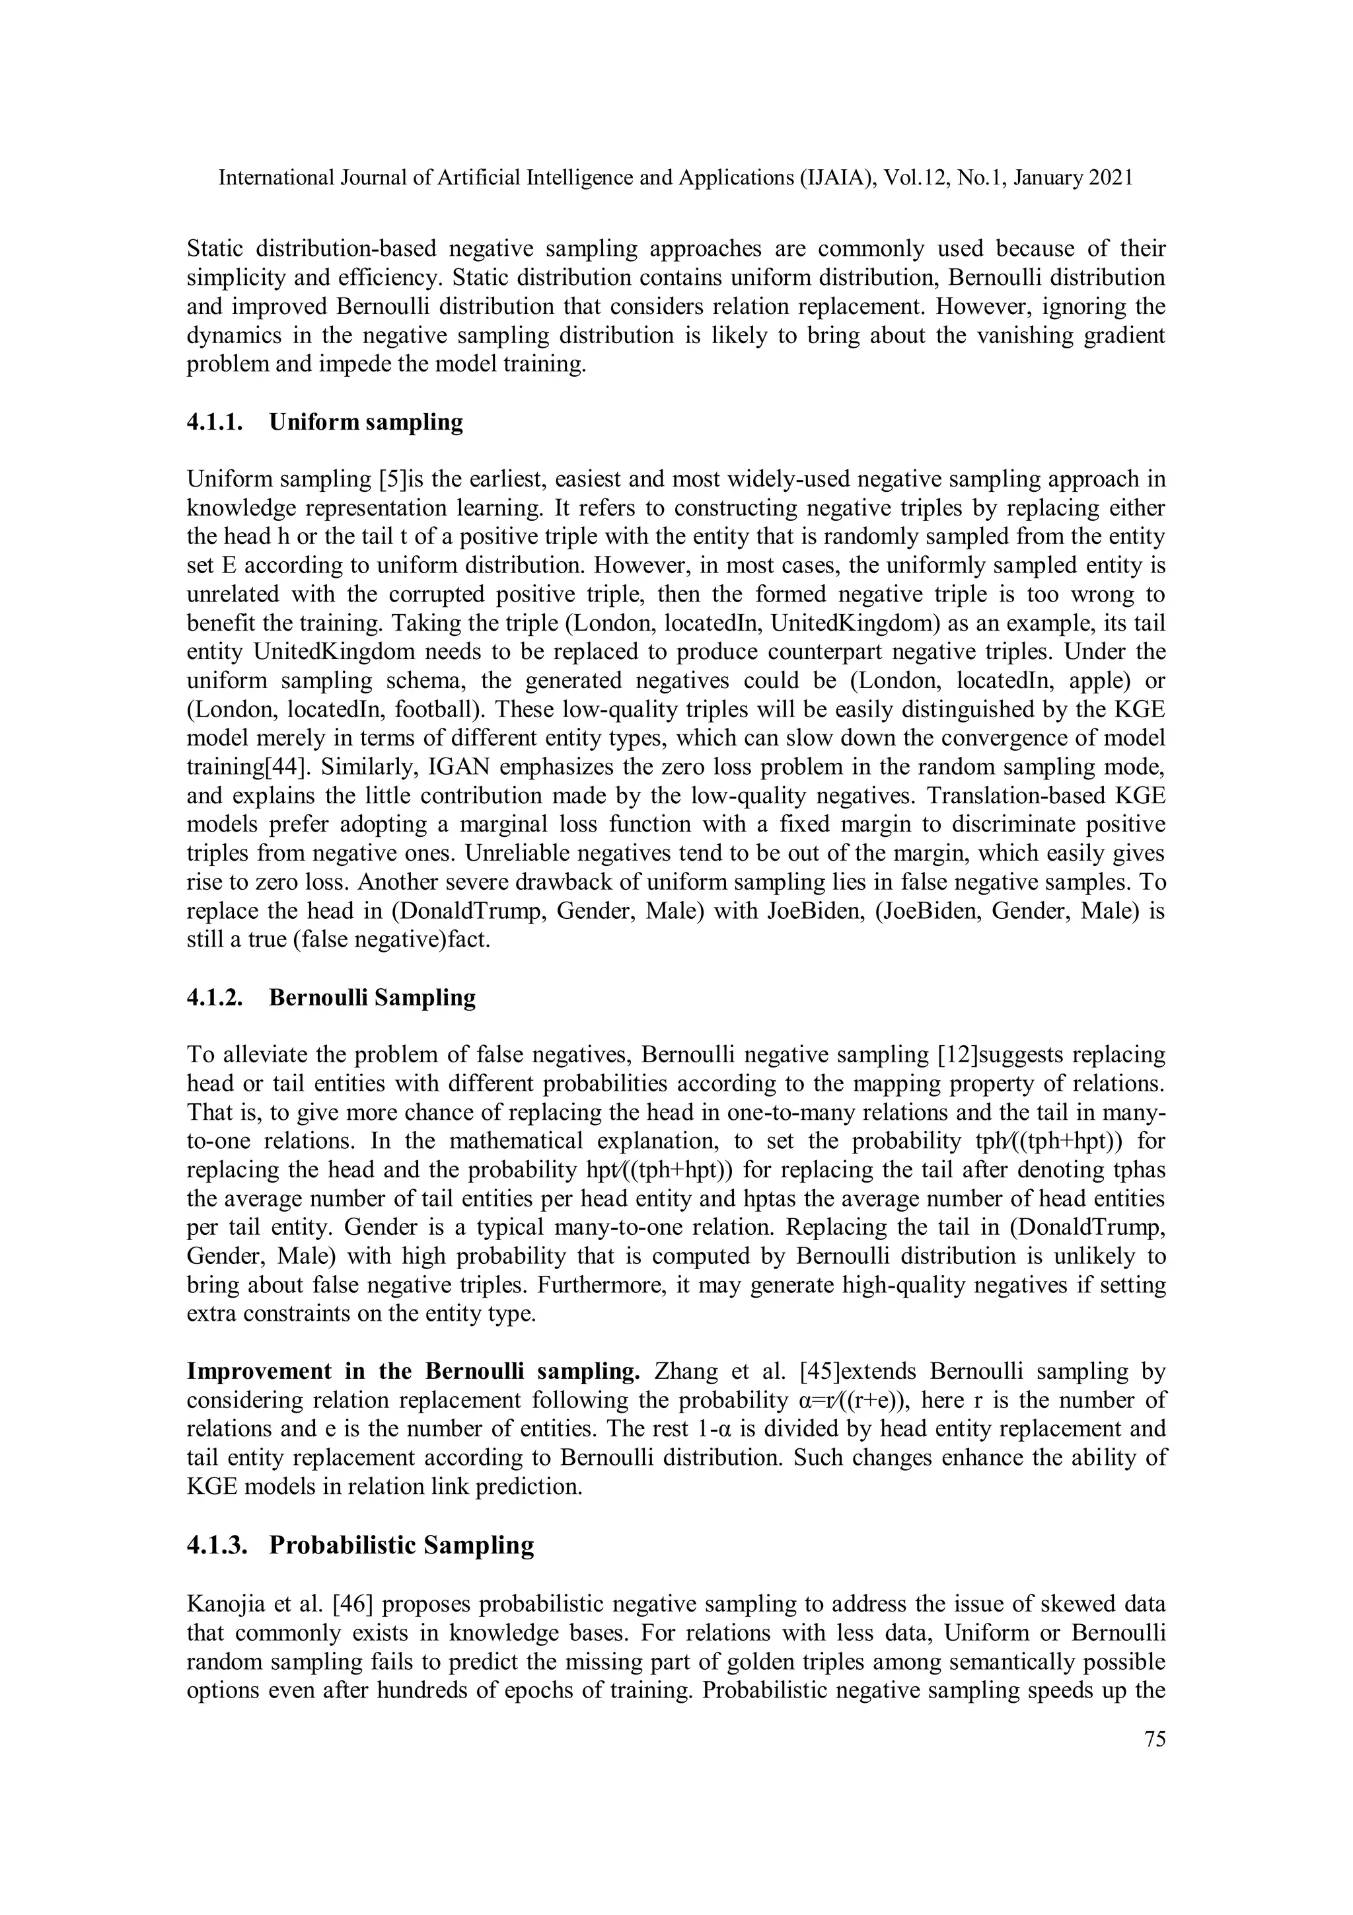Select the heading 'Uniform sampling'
(366, 422)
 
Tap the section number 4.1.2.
(214, 997)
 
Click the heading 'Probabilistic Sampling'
(401, 1545)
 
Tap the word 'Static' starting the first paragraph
(213, 249)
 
